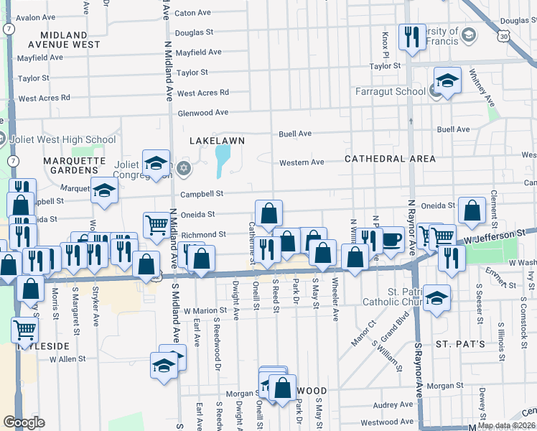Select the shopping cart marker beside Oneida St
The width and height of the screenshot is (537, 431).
pyautogui.click(x=156, y=224)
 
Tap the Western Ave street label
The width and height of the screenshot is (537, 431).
pyautogui.click(x=302, y=162)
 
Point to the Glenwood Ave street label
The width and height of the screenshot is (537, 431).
pyautogui.click(x=202, y=112)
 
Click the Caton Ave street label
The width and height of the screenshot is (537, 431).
pyautogui.click(x=192, y=13)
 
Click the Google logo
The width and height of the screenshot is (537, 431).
pyautogui.click(x=24, y=422)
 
